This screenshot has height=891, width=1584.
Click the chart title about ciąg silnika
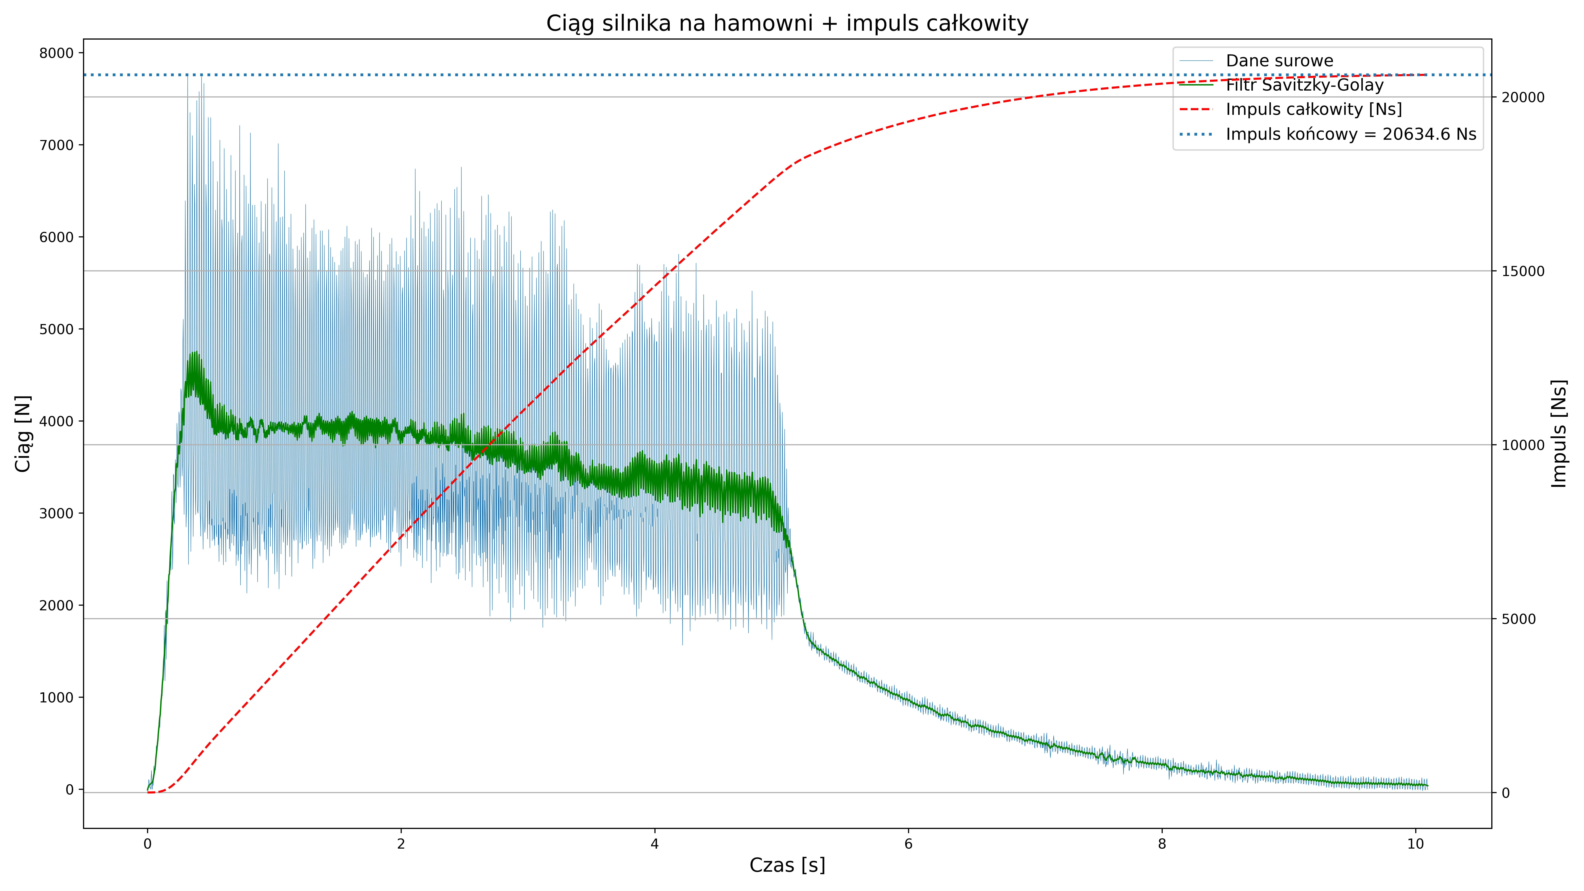point(787,23)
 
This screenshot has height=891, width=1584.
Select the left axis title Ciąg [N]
point(23,433)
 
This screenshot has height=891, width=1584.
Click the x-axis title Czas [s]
point(787,865)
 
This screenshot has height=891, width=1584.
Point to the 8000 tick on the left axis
point(57,53)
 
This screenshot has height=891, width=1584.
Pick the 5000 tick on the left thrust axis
point(57,329)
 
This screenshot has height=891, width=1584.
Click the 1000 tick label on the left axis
point(57,697)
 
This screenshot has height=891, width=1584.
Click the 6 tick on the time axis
point(908,844)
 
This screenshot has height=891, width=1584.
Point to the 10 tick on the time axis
point(1416,844)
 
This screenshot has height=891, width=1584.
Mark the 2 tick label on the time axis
point(401,844)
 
